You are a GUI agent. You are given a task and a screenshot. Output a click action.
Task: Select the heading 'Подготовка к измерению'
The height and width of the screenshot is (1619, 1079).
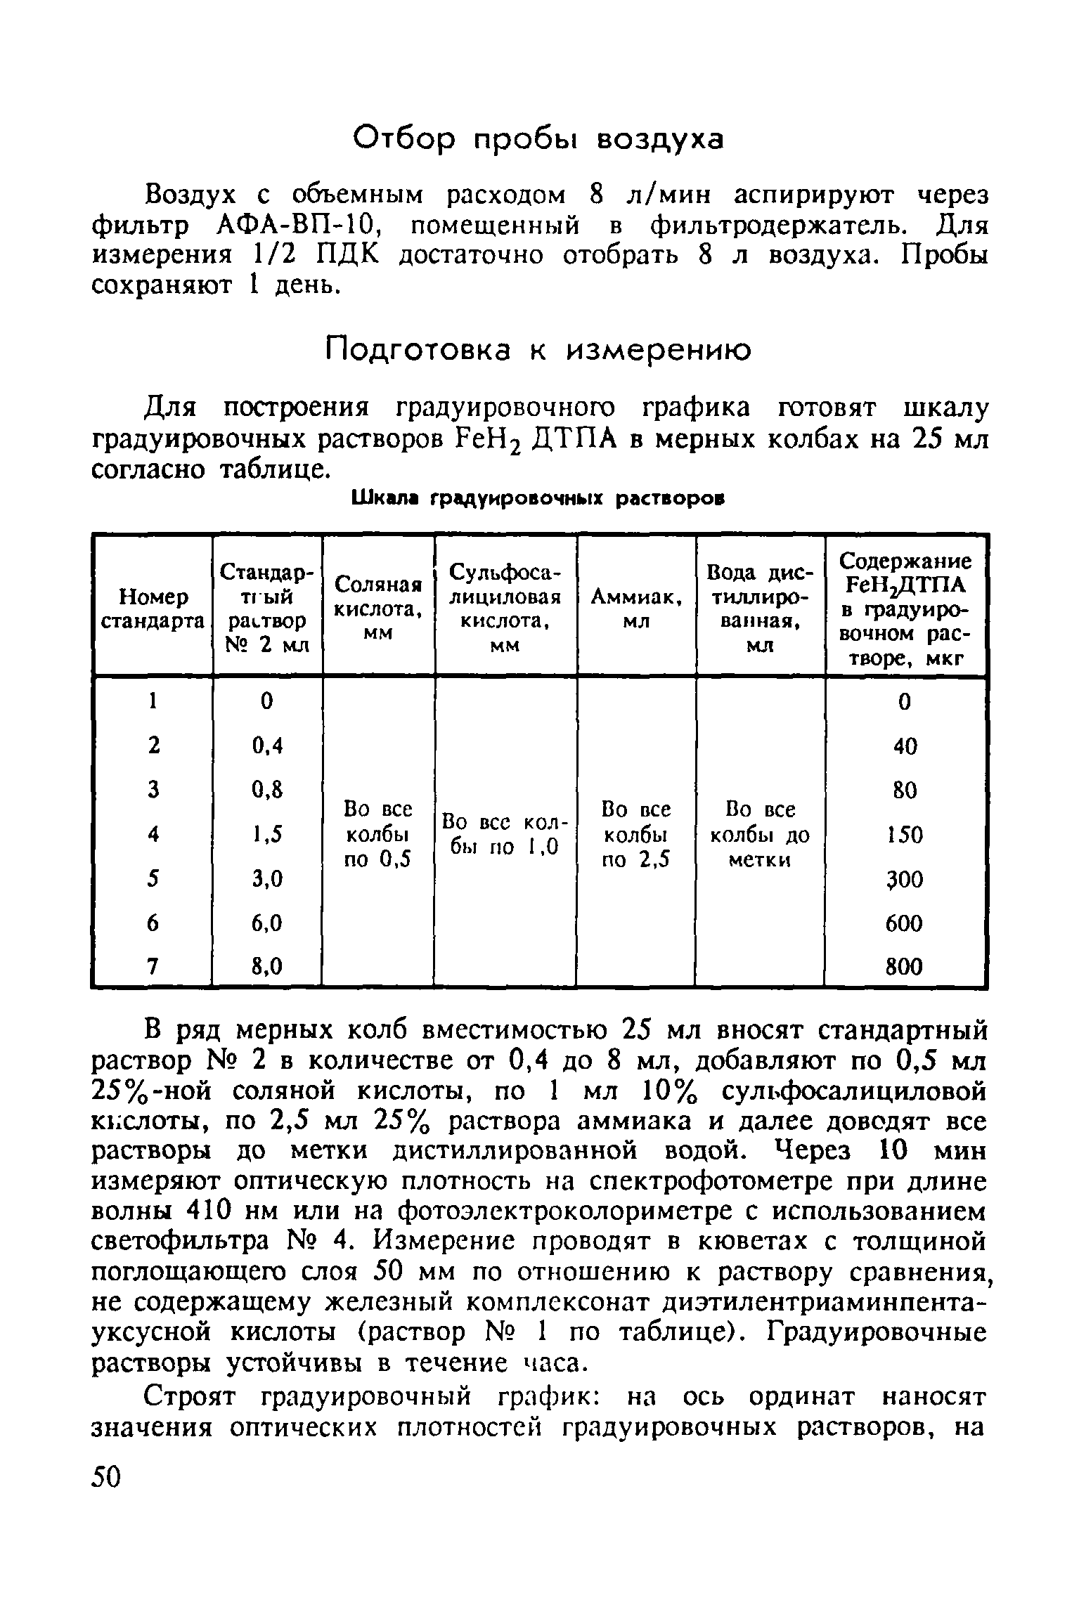[x=539, y=349]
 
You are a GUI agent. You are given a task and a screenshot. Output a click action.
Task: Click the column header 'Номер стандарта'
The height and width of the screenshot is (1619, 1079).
[x=153, y=609]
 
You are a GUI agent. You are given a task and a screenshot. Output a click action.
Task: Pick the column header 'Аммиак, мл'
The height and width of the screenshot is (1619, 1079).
[x=636, y=609]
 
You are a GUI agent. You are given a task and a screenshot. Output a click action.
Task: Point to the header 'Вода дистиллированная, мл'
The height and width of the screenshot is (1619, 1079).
[x=759, y=609]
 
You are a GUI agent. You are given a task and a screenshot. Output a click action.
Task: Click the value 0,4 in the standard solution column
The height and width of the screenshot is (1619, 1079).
[x=267, y=745]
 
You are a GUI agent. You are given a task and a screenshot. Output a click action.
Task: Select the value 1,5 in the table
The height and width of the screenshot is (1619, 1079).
[x=267, y=834]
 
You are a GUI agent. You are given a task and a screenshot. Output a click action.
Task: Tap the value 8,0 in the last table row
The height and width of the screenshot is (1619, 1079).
[x=267, y=967]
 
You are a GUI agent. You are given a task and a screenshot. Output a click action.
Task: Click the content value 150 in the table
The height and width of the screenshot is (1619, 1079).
[x=905, y=835]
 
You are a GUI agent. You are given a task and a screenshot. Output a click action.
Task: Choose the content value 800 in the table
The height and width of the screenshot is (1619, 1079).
[x=904, y=968]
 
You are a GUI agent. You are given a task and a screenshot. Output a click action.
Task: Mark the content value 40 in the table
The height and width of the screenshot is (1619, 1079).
[x=905, y=746]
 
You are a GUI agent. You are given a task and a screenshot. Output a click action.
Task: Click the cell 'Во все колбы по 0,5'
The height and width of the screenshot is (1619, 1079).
[x=377, y=834]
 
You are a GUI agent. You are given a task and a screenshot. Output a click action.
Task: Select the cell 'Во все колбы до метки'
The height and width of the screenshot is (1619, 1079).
[x=760, y=834]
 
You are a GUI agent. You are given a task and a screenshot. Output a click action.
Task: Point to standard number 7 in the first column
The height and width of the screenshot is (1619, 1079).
[x=153, y=967]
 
